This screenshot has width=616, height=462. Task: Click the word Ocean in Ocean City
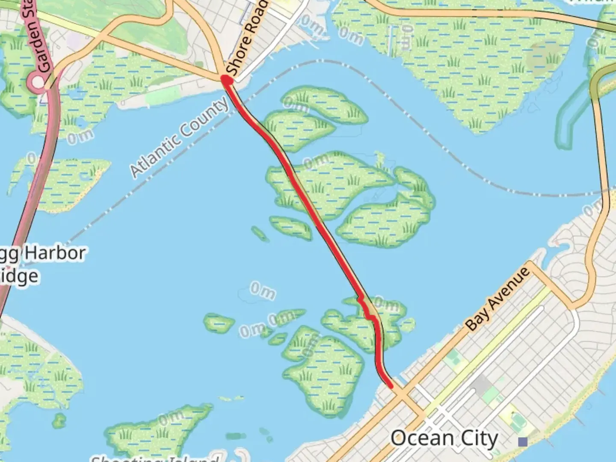(x=422, y=439)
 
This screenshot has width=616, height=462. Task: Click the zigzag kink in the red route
(x=366, y=308)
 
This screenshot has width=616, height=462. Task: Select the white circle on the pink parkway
(x=38, y=82)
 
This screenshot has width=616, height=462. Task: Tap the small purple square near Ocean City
(x=522, y=441)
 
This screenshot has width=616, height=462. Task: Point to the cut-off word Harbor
(x=55, y=253)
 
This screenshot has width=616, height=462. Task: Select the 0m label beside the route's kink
(x=387, y=305)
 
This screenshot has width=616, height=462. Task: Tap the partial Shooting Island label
(x=154, y=458)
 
